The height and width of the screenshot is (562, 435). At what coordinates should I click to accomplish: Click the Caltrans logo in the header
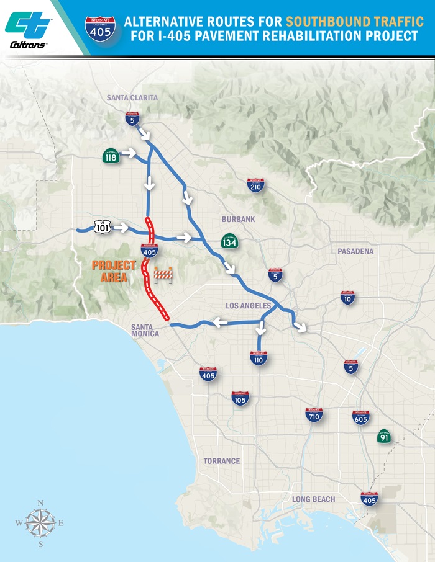(27, 29)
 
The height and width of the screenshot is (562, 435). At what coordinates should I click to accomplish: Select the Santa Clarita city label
(132, 98)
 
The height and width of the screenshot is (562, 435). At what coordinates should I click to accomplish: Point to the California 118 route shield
(112, 157)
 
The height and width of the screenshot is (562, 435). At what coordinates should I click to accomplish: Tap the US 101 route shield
(103, 227)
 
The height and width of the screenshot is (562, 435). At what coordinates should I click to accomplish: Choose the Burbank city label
(238, 220)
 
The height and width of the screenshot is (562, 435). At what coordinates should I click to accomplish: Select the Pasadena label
(355, 251)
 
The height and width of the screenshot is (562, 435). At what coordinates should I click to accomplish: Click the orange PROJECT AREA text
(114, 271)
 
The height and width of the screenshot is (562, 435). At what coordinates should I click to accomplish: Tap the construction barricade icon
(163, 274)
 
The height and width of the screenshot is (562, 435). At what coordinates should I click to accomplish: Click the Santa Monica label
(145, 329)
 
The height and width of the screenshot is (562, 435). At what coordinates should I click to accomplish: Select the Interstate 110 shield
(259, 358)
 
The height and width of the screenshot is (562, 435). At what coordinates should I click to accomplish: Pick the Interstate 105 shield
(240, 398)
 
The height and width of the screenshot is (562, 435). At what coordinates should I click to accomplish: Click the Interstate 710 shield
(314, 415)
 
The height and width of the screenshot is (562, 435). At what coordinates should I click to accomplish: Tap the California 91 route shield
(384, 436)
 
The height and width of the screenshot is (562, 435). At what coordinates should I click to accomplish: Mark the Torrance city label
(222, 461)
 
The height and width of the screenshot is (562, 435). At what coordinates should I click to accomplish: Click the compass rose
(40, 523)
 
